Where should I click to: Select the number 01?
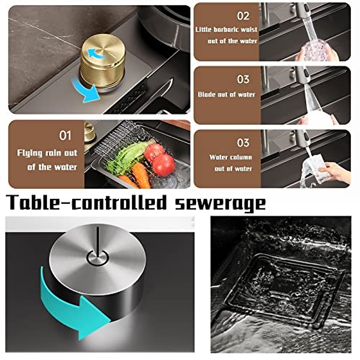point(65,136)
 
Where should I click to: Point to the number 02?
point(243,16)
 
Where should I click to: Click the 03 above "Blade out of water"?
point(243,79)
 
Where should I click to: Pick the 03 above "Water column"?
point(243,143)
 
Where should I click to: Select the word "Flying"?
point(29,153)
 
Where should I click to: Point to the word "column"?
point(242,157)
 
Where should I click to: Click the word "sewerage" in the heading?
point(220,203)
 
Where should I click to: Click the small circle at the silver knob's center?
point(97,257)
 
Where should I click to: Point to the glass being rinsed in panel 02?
point(315,49)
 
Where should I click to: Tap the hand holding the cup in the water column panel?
point(334,172)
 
